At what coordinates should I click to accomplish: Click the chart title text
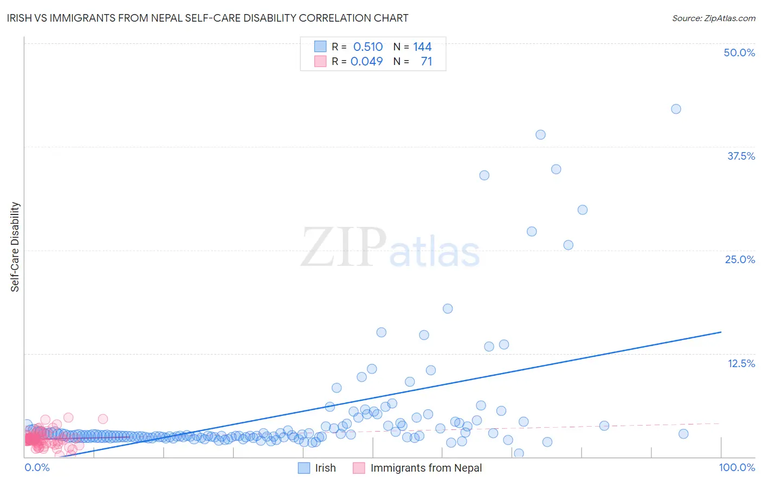click(x=208, y=18)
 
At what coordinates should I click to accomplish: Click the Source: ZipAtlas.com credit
click(x=713, y=18)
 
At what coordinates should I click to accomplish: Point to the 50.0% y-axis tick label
click(x=739, y=53)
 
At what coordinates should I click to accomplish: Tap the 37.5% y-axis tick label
click(x=741, y=156)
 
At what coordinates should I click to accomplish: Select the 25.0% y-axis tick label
click(x=740, y=259)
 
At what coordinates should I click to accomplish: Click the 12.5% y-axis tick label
click(x=741, y=363)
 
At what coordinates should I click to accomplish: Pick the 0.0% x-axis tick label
click(x=37, y=467)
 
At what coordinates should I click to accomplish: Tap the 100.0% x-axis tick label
click(x=737, y=467)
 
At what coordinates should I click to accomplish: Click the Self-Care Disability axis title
click(x=15, y=247)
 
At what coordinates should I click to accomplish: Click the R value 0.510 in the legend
click(x=368, y=47)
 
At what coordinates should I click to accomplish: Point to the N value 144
click(x=422, y=47)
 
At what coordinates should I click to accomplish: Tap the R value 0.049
click(x=367, y=62)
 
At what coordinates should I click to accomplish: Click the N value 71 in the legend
click(x=427, y=62)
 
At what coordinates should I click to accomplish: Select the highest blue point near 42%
click(x=676, y=109)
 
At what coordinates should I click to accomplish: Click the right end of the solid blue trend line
click(x=721, y=332)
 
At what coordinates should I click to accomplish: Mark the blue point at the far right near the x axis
click(x=683, y=434)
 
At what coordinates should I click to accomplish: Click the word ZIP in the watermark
click(x=344, y=247)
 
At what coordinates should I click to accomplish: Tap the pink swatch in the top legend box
click(x=320, y=62)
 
